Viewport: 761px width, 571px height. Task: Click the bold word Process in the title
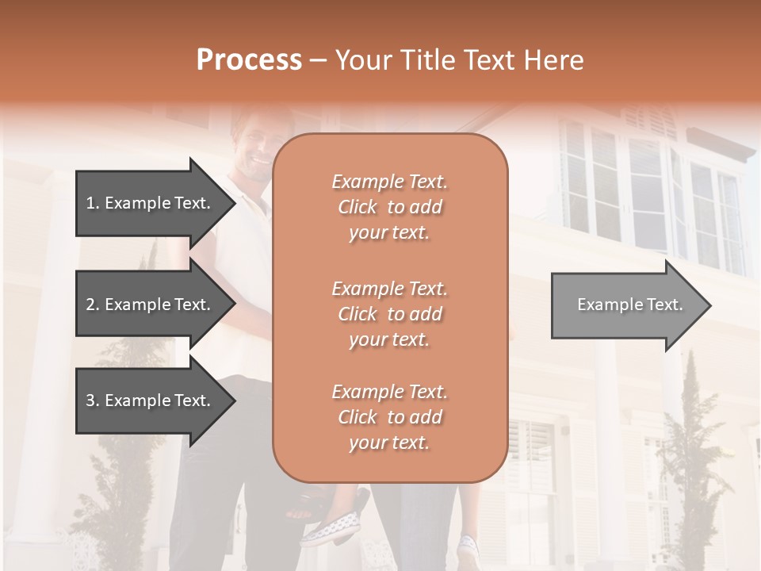249,60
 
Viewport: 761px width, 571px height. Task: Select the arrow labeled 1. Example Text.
151,203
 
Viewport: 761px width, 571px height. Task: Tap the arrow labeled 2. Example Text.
151,305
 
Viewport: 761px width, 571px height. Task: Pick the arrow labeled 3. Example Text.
151,400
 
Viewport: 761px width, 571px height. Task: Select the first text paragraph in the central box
389,207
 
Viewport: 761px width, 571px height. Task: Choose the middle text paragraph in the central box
389,313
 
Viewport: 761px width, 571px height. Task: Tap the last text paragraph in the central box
389,417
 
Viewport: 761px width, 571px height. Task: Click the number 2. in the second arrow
93,305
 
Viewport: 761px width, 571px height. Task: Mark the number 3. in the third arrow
93,400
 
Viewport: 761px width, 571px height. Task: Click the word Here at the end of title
553,60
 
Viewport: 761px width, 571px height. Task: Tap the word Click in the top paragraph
358,208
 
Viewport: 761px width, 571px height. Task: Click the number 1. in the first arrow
93,203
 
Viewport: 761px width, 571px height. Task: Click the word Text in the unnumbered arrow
666,305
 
